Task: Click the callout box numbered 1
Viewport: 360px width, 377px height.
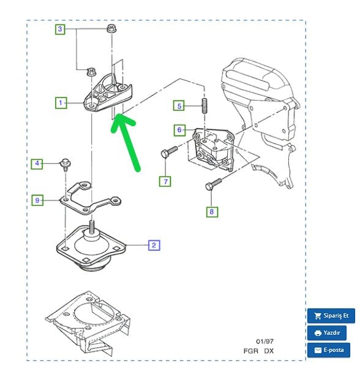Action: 61,103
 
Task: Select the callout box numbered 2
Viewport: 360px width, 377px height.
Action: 154,245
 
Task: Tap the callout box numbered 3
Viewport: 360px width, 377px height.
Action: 60,29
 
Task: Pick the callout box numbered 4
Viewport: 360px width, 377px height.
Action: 37,164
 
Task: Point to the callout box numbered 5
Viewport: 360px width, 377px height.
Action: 179,106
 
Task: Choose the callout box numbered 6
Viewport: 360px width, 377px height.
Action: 179,130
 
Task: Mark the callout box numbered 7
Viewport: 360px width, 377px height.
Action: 165,181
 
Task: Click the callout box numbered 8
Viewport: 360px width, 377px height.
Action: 212,211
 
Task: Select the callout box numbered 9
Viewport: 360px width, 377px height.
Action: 37,200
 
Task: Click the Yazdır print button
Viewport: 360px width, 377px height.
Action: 327,333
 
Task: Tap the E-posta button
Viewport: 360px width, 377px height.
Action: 329,350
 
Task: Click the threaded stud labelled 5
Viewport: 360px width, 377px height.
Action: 204,106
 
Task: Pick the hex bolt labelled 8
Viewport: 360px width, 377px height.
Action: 213,184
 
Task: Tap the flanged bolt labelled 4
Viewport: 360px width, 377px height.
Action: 65,165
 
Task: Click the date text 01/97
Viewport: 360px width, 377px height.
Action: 264,341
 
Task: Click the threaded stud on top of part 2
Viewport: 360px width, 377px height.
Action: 92,227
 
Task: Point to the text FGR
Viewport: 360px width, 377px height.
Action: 251,351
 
